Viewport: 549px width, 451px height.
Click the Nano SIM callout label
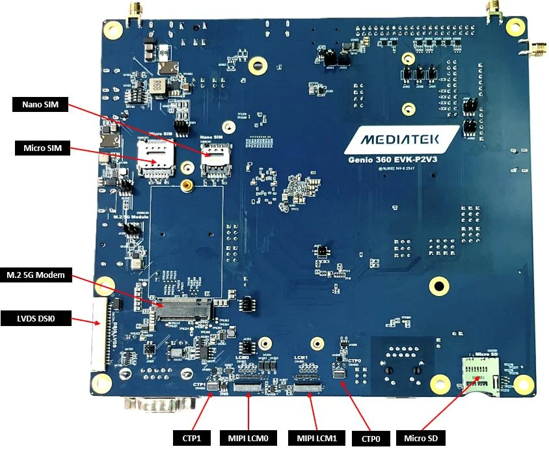tap(40, 105)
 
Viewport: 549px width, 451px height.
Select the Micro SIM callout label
tap(41, 149)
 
